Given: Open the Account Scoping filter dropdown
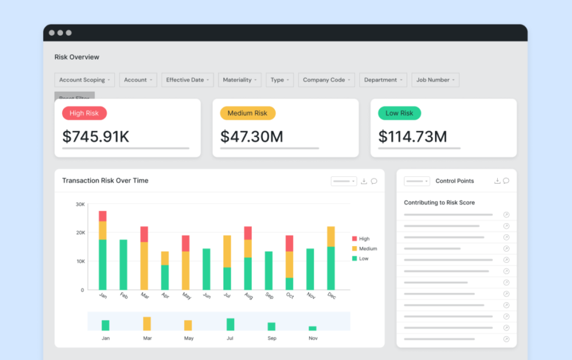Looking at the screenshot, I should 84,80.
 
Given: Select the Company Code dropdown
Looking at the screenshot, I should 326,80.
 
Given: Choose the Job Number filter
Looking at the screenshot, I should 435,80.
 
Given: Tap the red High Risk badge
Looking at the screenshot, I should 84,113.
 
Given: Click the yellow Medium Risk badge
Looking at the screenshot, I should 247,113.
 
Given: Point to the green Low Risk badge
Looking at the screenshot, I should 399,113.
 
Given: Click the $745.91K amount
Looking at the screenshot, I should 96,137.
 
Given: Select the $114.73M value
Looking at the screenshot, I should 412,137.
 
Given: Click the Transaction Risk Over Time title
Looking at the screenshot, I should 105,181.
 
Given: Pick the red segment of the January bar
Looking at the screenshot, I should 103,216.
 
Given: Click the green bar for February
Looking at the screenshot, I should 123,265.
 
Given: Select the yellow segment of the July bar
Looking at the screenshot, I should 227,251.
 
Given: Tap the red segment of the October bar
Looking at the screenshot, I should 289,243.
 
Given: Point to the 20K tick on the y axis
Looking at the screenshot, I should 80,233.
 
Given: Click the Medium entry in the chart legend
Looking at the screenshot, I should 368,248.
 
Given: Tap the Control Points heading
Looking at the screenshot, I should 454,181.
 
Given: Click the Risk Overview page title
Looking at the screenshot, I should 77,57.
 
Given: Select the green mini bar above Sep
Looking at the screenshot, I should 271,326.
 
